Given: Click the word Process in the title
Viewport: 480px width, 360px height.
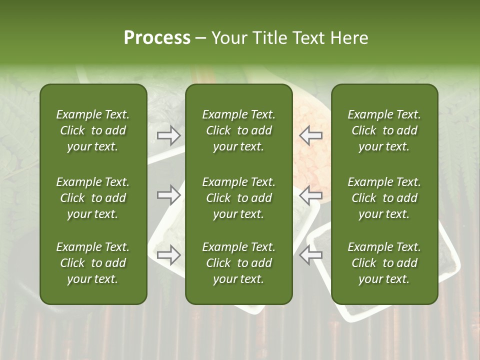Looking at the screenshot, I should click(157, 38).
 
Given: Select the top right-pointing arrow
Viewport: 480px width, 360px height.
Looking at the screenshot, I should click(169, 135).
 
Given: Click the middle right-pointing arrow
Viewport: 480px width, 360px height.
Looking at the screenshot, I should click(169, 195).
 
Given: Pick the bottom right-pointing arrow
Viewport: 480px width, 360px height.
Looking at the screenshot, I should click(169, 255).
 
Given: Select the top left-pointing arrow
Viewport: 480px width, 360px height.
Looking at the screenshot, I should click(310, 135).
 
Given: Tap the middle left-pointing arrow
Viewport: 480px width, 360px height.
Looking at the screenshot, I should click(310, 195).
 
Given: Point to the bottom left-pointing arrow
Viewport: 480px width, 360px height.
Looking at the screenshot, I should click(310, 255).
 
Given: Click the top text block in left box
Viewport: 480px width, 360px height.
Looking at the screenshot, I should click(93, 130).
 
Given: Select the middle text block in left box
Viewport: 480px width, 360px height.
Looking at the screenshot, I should click(93, 198).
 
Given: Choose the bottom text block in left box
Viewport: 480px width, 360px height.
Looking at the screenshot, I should click(93, 263).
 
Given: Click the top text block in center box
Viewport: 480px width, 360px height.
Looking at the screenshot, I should click(238, 130).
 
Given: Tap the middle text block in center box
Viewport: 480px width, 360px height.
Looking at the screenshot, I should click(238, 198).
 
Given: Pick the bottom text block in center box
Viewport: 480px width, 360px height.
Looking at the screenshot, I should click(238, 263).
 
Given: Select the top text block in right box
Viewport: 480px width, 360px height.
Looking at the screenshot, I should click(384, 130).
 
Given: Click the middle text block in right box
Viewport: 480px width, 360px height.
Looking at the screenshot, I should click(384, 198).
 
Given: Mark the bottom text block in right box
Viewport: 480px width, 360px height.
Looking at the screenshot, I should click(384, 263).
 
